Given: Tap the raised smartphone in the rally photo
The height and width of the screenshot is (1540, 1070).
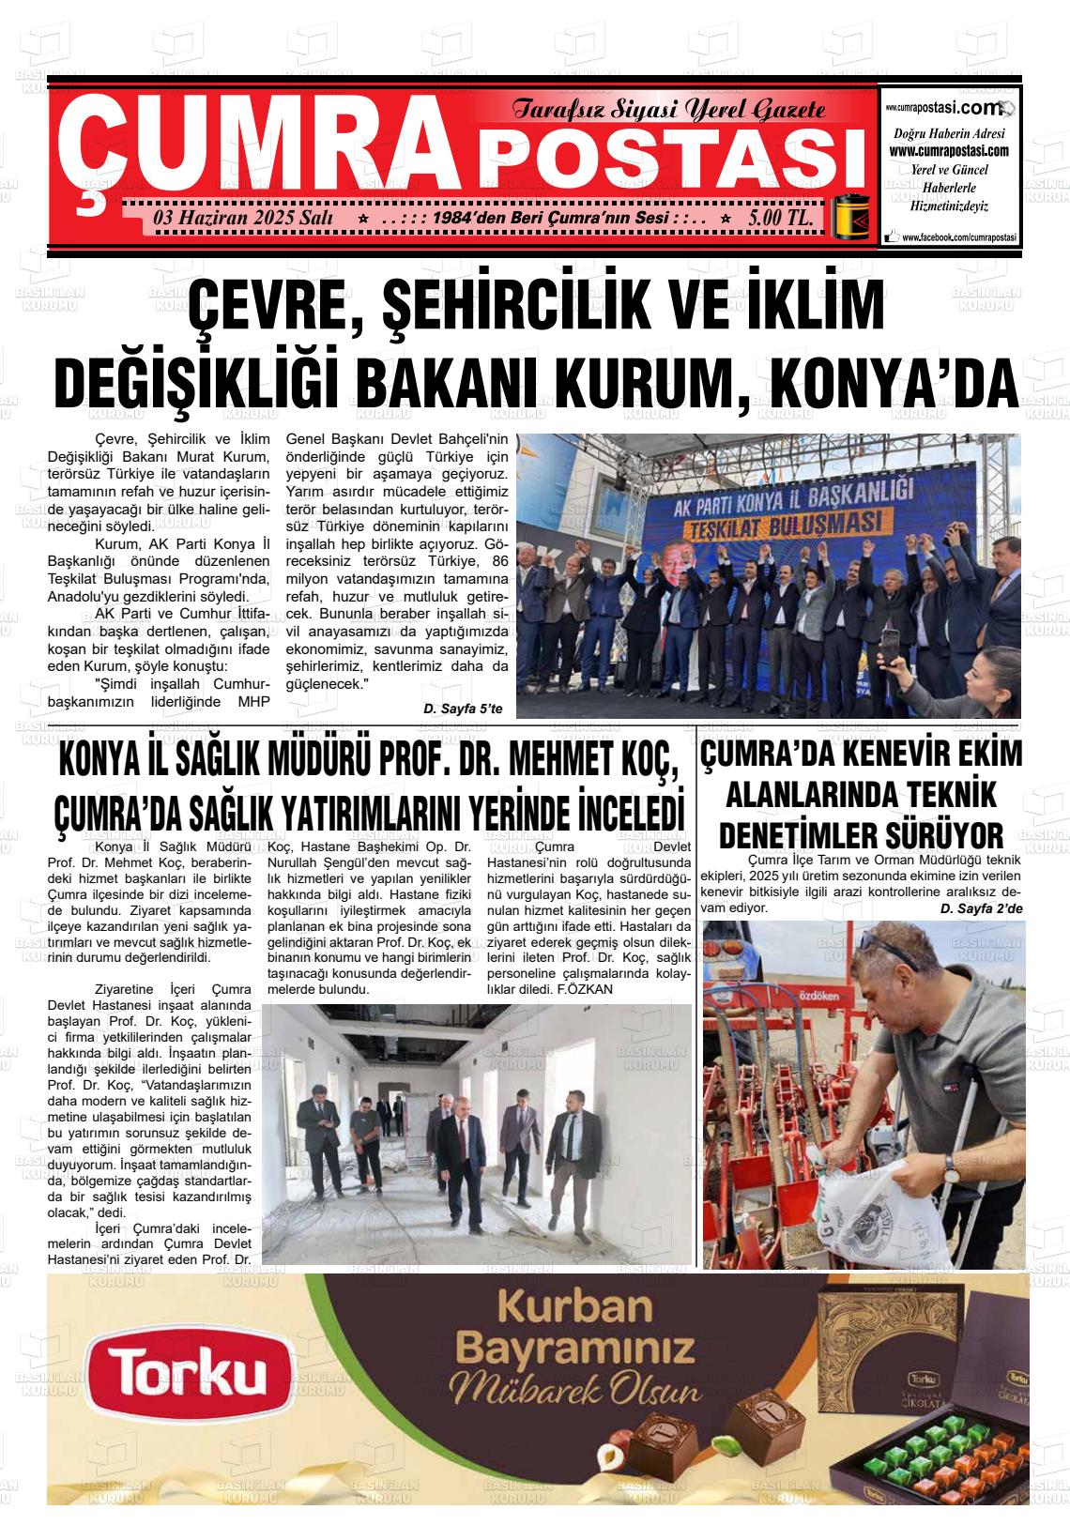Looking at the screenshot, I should pos(888,648).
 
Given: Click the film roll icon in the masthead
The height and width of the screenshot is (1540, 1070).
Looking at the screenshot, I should pos(854,219).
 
